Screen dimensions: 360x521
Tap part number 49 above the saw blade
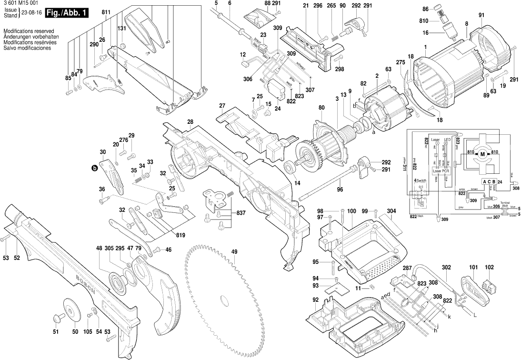234,252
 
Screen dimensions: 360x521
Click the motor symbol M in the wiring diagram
482,153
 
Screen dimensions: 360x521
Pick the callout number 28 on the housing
190,122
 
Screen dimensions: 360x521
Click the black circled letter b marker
94,168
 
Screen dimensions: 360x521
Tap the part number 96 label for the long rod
339,189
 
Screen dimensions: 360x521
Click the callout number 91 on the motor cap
481,16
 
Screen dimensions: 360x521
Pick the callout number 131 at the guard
122,29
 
